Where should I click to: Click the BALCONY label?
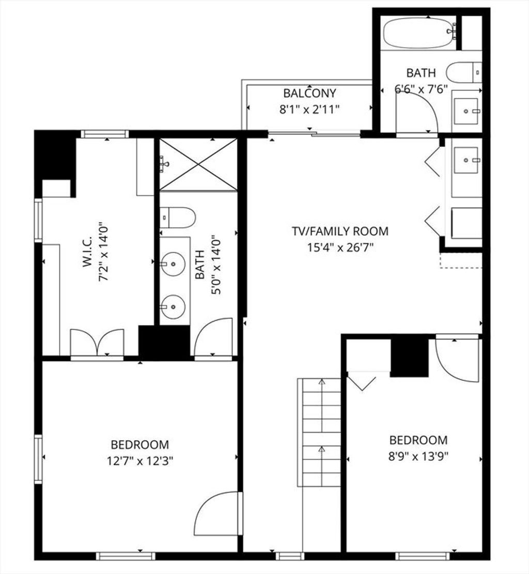(309, 94)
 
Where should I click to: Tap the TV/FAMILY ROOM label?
(340, 231)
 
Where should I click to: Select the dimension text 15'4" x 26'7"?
(340, 248)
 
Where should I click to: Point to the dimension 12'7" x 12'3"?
(140, 460)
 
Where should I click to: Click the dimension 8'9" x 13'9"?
(418, 457)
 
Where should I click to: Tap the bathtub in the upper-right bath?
(419, 33)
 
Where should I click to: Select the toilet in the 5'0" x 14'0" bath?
(178, 218)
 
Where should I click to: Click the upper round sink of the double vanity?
(173, 263)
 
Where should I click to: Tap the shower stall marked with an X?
(198, 164)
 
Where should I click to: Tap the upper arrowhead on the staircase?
(322, 381)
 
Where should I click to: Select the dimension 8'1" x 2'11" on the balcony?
(310, 110)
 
